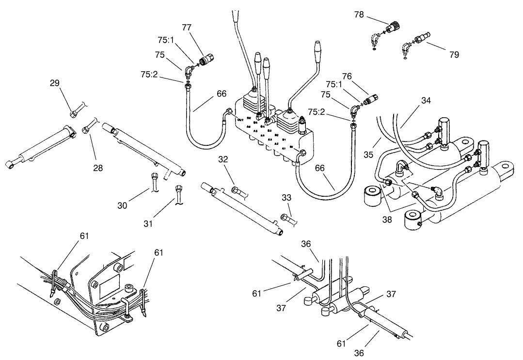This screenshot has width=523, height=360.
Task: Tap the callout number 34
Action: point(425,100)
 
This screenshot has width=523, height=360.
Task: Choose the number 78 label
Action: point(359,15)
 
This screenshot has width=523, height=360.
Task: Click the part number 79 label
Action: point(454,54)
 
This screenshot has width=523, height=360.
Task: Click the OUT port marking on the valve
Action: point(240,119)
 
